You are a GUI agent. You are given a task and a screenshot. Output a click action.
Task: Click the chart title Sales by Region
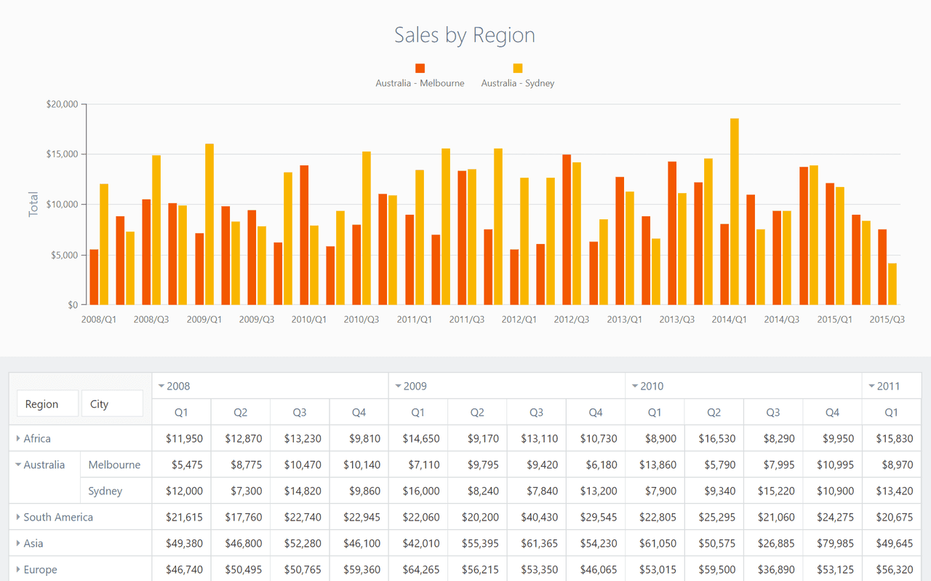[464, 36]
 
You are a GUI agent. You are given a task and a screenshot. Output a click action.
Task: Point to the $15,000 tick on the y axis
[62, 154]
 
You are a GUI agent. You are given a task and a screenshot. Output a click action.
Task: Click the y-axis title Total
[33, 204]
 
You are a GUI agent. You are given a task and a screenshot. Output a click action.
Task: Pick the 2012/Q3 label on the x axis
[572, 319]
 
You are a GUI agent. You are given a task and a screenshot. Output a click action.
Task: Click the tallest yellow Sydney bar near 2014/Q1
[735, 211]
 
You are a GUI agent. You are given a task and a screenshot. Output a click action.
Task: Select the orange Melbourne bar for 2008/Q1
[94, 277]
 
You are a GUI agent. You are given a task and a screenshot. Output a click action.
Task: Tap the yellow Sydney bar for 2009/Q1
[209, 224]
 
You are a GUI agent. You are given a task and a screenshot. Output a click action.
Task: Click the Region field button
[47, 403]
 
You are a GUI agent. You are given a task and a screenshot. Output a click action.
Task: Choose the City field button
[112, 403]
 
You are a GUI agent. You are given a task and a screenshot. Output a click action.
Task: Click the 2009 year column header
[415, 386]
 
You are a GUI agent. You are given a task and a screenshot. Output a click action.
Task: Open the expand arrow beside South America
[18, 517]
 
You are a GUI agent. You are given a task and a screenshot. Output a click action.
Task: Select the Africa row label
[37, 438]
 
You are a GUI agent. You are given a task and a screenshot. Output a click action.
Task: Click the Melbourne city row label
[114, 465]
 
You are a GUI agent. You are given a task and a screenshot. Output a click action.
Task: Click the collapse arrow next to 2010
[635, 386]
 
